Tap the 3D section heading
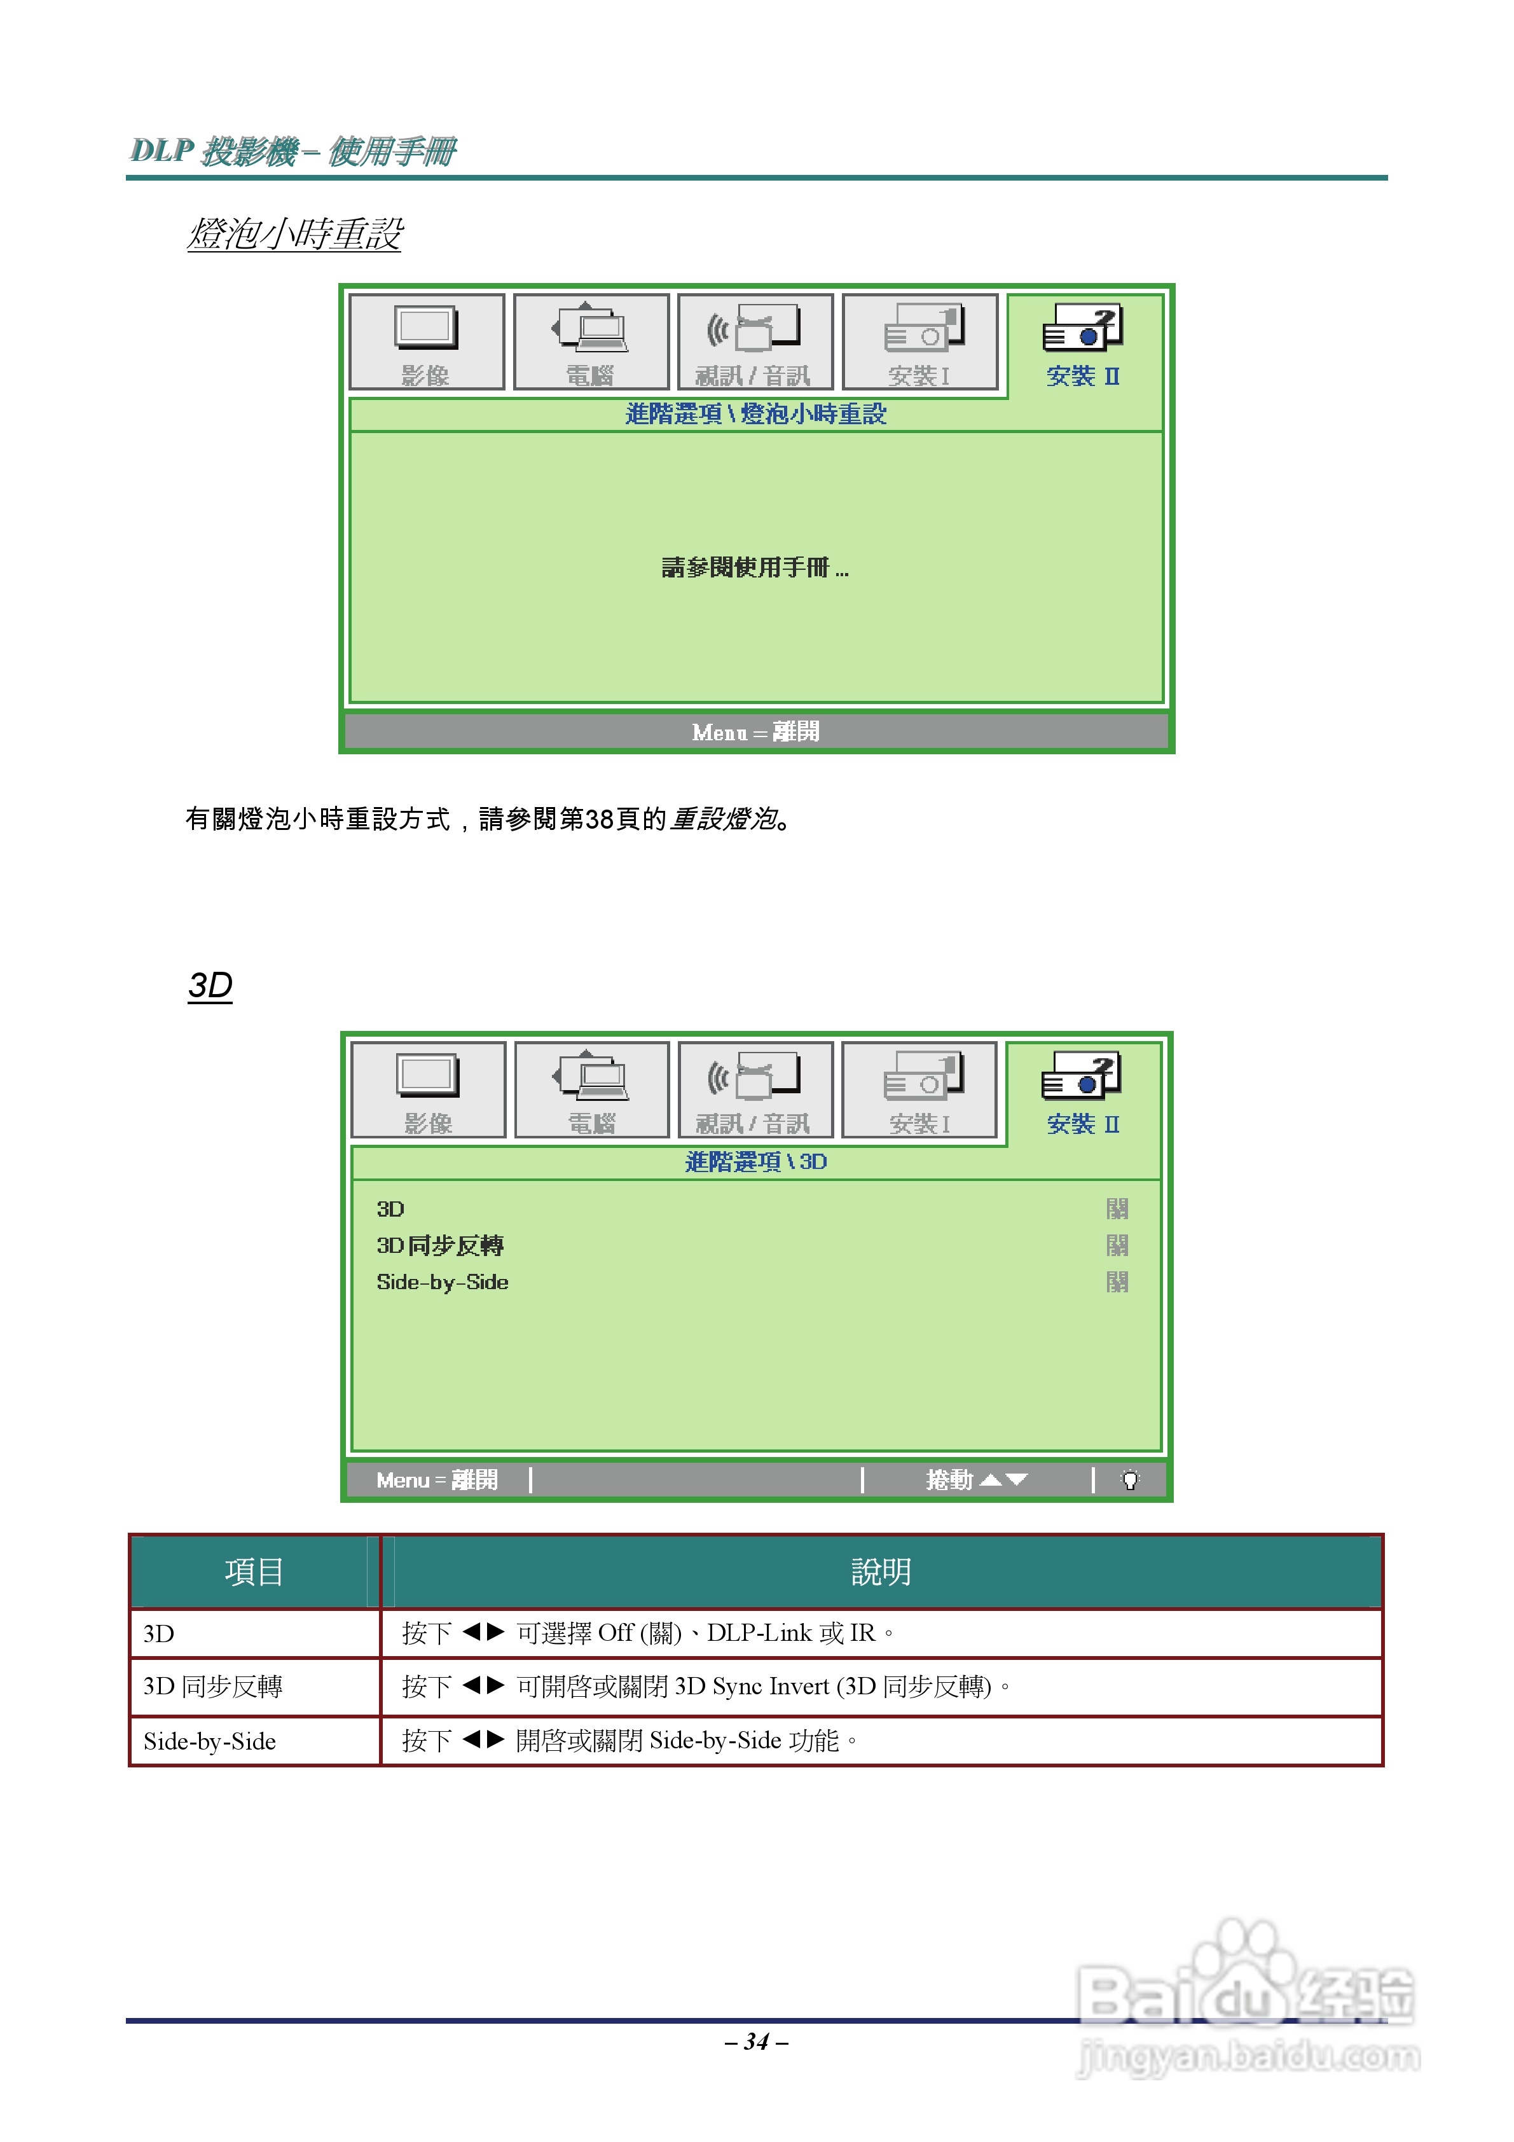(210, 985)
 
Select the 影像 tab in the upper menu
(426, 342)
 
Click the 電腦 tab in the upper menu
(591, 342)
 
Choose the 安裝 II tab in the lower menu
(1083, 1091)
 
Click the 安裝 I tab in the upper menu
(919, 342)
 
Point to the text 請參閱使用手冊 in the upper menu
(754, 567)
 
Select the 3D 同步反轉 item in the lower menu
(439, 1245)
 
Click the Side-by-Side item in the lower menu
(442, 1282)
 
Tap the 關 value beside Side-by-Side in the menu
(1117, 1282)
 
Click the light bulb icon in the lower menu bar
(1130, 1481)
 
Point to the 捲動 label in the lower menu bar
(949, 1481)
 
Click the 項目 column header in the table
(254, 1572)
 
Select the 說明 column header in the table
(881, 1572)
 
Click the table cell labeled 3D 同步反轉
(212, 1687)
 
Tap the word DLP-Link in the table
(759, 1633)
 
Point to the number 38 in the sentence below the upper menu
(599, 819)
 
